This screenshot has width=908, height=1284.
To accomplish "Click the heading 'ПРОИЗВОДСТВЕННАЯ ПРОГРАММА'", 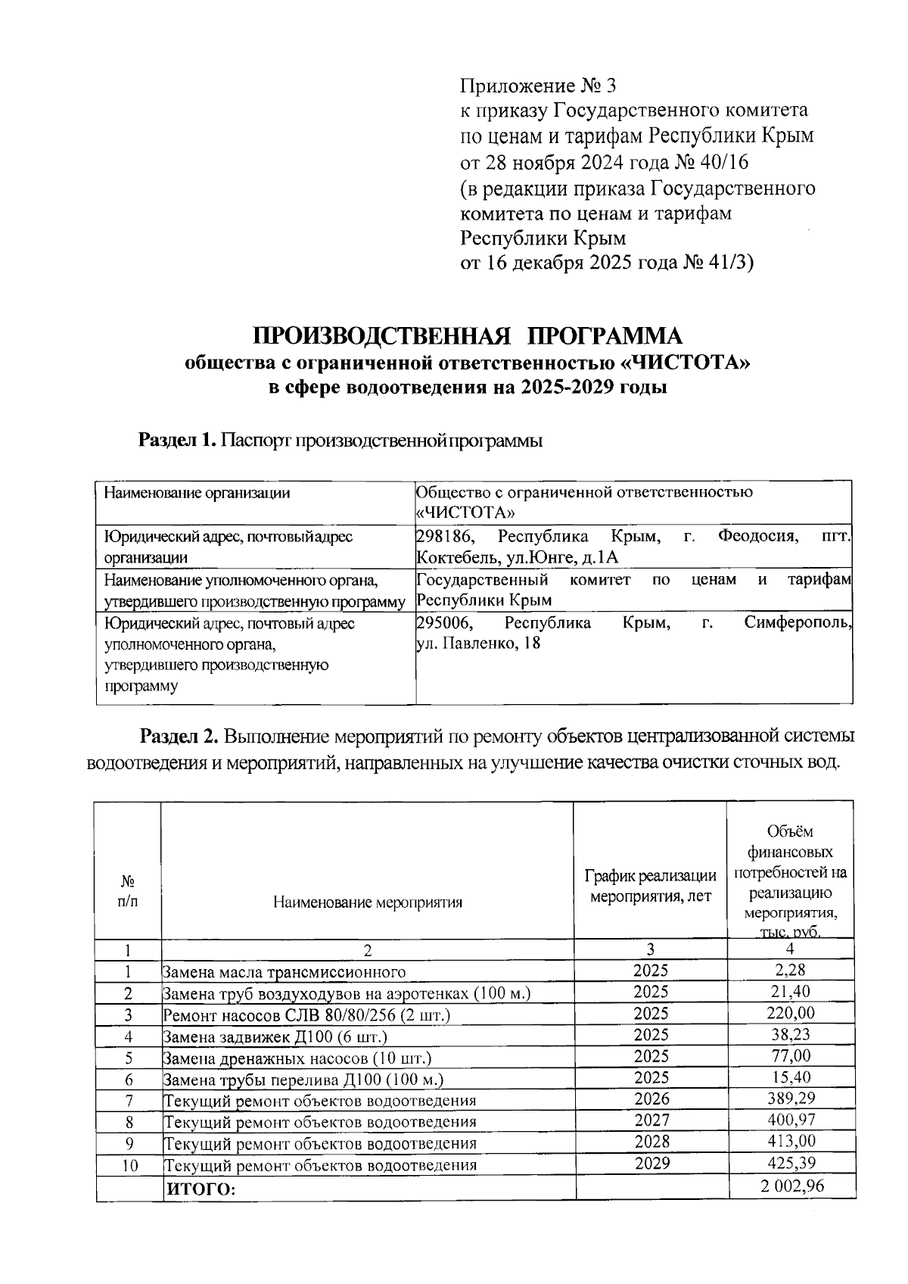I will (467, 335).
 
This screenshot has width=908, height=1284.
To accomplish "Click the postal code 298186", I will (446, 537).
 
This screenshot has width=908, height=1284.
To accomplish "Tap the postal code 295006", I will (446, 623).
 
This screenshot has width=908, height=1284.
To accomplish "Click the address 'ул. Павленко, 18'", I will (478, 644).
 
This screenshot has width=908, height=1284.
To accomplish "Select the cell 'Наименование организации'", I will (197, 494).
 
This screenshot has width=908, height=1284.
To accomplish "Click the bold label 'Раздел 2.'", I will (179, 735).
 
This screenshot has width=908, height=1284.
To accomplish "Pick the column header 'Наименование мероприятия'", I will (367, 902).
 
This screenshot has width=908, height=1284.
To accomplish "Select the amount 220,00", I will (790, 1013).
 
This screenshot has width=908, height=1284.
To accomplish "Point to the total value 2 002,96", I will (791, 1185).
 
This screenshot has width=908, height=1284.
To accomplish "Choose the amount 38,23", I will (790, 1034).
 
